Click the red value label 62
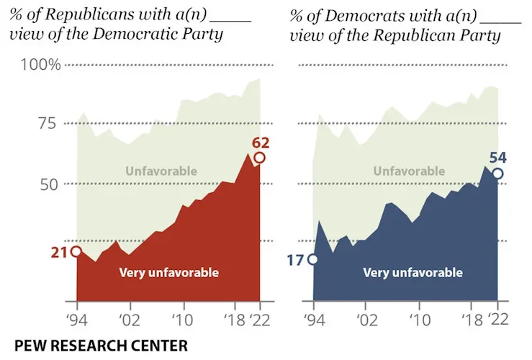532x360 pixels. (261, 142)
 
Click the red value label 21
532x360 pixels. (59, 252)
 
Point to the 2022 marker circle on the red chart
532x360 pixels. (259, 158)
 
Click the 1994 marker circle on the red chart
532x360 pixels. (76, 251)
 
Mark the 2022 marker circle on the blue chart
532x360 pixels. (497, 174)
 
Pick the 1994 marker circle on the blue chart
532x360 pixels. (312, 259)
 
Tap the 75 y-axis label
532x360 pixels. (48, 124)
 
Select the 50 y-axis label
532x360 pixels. (48, 184)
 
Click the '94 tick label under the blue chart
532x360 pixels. (313, 319)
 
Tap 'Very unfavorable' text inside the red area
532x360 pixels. (168, 273)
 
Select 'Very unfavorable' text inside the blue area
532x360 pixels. (412, 273)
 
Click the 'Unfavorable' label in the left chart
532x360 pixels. (161, 171)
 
